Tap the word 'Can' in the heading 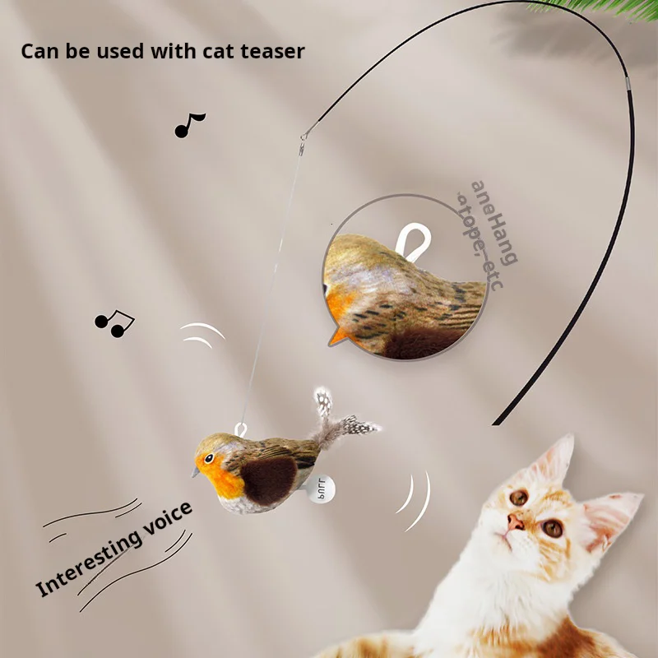39,51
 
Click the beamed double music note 114,323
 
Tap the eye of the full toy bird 210,457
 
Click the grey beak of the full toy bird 195,473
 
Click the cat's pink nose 515,522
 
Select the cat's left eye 518,497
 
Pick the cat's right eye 553,527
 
